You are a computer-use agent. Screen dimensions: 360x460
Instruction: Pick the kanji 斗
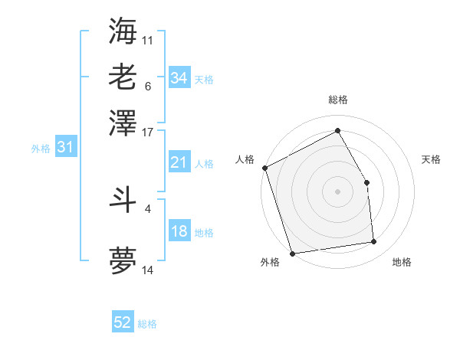pos(123,198)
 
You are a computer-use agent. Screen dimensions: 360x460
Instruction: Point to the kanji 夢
pos(123,261)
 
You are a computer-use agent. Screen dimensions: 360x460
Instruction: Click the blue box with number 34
pos(179,78)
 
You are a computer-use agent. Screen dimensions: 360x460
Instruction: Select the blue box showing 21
pos(179,162)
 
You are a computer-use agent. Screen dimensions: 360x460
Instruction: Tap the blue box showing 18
pos(179,232)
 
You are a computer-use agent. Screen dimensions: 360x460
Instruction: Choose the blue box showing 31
pos(64,148)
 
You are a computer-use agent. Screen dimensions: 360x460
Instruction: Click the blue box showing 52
pos(123,323)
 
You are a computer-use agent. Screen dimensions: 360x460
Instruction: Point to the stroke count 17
pos(148,132)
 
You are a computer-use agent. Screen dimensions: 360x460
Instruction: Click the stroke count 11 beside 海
pos(148,39)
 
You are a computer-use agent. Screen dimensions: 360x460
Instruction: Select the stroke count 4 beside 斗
pos(148,208)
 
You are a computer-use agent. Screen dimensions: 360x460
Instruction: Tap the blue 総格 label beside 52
pos(147,325)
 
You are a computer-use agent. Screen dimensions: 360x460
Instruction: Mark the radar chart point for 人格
pos(264,169)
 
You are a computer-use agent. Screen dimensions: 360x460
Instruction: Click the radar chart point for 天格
pos(366,182)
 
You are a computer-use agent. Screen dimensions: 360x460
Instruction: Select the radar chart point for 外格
pos(292,253)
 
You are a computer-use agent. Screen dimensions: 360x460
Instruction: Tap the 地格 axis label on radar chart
pos(402,263)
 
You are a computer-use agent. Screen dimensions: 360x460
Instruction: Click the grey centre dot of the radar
pos(337,191)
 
